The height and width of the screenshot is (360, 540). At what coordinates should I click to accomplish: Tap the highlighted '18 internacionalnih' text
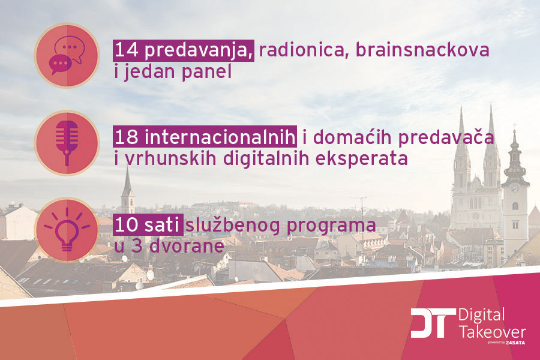(205, 137)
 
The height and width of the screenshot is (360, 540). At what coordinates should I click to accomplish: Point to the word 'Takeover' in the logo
(491, 331)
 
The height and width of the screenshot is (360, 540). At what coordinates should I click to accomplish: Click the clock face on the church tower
(514, 188)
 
